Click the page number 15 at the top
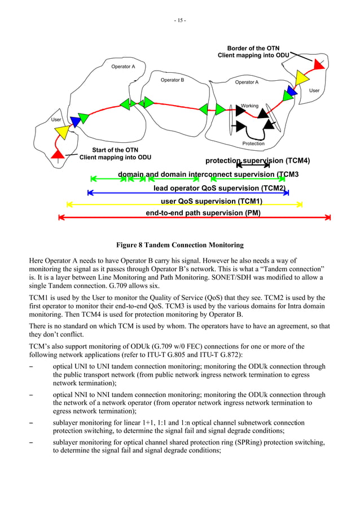pos(180,21)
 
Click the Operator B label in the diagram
pos(172,80)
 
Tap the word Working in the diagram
pos(249,106)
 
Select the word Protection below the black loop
pos(253,144)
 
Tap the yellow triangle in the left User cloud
pos(62,133)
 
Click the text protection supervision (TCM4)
pos(257,161)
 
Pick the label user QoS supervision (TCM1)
pos(212,200)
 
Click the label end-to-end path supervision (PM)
pos(203,213)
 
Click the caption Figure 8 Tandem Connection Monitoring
pos(179,245)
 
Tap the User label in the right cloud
pos(314,90)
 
